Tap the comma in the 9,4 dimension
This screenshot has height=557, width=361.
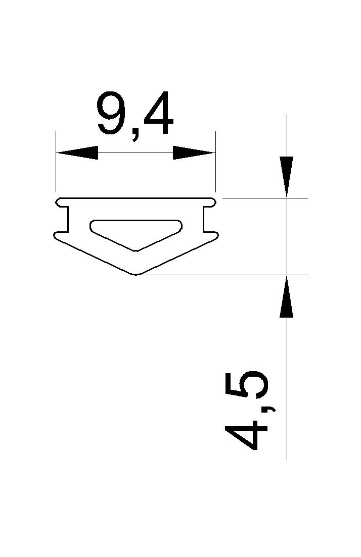click(x=135, y=134)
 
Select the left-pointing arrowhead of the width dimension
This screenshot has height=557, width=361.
click(x=77, y=153)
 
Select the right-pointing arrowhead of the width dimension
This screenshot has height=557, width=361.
click(x=194, y=153)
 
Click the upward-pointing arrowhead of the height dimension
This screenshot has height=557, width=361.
click(x=287, y=296)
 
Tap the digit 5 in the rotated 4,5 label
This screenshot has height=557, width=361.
click(x=246, y=385)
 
